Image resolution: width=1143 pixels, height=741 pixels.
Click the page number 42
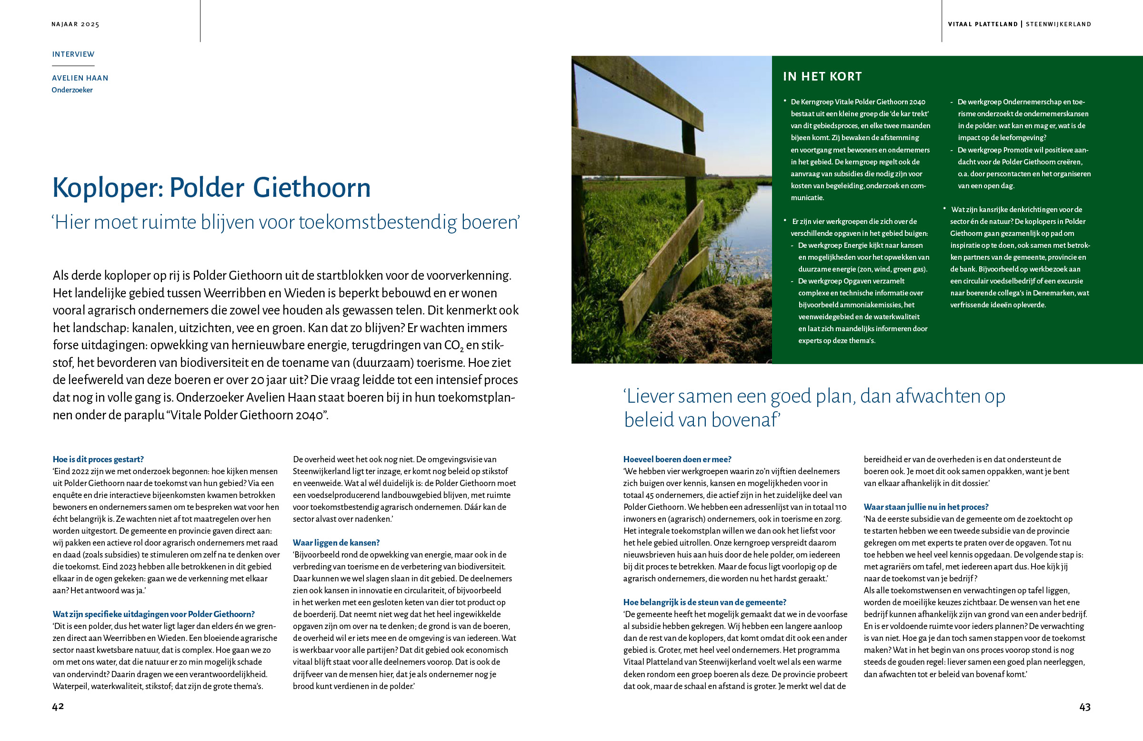(x=58, y=706)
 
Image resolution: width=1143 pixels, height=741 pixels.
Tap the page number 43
(x=1084, y=707)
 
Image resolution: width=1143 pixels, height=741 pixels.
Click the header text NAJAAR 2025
(x=75, y=24)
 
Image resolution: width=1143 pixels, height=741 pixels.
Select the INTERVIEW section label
(x=73, y=54)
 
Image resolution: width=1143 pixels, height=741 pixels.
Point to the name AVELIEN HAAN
(x=80, y=78)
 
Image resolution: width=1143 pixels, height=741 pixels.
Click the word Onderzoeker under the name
(x=72, y=90)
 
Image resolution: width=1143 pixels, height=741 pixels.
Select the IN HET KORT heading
(x=822, y=76)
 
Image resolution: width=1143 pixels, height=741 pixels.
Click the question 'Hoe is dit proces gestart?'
(x=98, y=459)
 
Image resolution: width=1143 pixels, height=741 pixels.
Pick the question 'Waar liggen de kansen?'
(x=336, y=543)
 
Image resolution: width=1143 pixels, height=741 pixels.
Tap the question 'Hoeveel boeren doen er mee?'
(x=677, y=459)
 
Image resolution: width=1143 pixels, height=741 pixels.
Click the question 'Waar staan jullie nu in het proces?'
(x=926, y=507)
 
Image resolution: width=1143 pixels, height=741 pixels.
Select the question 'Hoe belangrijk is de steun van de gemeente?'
(x=704, y=602)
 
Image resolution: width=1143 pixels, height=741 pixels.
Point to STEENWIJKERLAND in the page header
(x=1059, y=24)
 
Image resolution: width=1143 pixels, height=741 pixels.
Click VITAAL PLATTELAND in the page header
(x=983, y=24)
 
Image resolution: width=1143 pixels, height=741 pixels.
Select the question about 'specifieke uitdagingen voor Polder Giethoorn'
(x=154, y=614)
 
